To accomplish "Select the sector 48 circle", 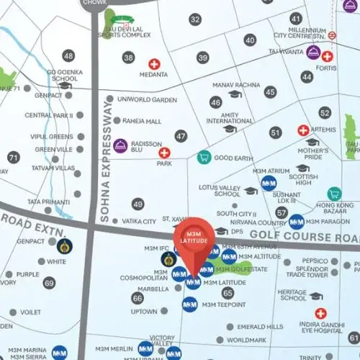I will (69, 55).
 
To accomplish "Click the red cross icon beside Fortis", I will (328, 56).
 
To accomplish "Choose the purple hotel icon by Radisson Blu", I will (120, 145).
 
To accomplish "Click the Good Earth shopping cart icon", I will (204, 157).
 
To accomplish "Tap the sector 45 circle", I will (270, 91).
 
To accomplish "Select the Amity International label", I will (230, 117).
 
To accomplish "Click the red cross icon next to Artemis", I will (303, 130).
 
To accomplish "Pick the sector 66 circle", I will (138, 297).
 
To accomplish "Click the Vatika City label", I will (139, 222).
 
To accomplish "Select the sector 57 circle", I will (281, 213).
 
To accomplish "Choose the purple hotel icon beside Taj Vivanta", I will (313, 52).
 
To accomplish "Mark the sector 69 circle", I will (49, 283).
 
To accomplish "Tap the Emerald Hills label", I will (260, 326).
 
